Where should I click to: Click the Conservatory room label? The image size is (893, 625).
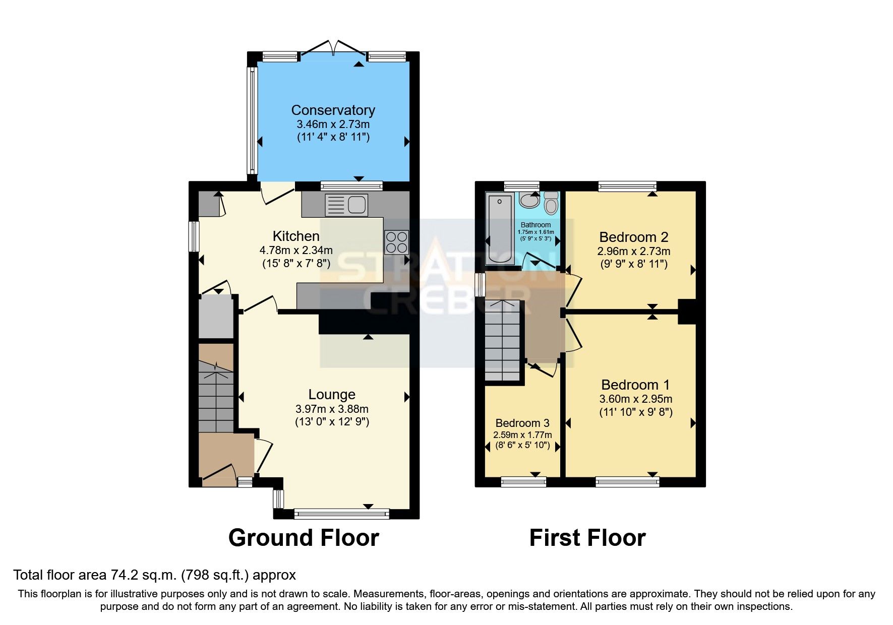click(333, 110)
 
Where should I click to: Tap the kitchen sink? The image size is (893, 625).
click(347, 205)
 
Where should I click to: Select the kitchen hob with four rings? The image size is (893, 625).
click(396, 242)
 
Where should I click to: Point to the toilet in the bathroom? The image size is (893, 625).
click(552, 204)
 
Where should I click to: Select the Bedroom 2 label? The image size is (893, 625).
click(633, 237)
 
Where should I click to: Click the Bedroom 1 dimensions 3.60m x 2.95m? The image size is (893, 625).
click(635, 399)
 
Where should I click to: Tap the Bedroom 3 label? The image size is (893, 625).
click(522, 423)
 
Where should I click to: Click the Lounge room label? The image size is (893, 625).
click(332, 394)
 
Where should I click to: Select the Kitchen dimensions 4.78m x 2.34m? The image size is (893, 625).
click(296, 250)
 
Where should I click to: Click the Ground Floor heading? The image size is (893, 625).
click(304, 538)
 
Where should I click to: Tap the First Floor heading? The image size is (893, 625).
click(587, 538)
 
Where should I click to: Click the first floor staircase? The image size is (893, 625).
click(502, 340)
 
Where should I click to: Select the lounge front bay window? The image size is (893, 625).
click(342, 514)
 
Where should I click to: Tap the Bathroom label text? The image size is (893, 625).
click(535, 225)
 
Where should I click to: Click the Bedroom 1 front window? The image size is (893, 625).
click(627, 482)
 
